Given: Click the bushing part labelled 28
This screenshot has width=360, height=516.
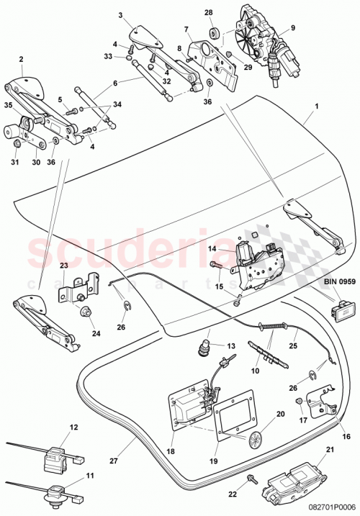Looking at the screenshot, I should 213,34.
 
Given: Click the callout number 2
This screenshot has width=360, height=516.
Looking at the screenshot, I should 21,60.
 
